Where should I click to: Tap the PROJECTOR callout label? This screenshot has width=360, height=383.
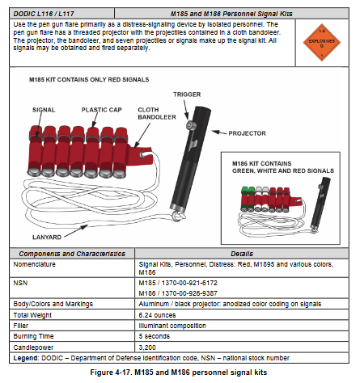click(x=246, y=133)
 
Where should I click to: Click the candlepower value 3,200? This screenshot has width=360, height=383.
click(x=149, y=344)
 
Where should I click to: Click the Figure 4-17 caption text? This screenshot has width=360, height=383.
click(x=180, y=370)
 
